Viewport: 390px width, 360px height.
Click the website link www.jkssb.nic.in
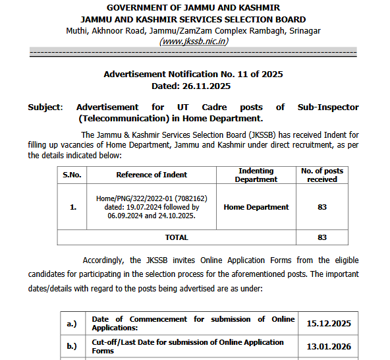tap(194, 41)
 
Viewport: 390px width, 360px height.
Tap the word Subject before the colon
tap(44, 107)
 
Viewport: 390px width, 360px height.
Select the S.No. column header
tap(72, 175)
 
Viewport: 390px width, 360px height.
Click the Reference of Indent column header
tap(152, 175)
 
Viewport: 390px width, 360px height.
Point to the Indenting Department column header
tap(256, 175)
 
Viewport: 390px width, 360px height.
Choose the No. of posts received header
tap(322, 175)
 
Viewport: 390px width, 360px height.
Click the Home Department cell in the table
tap(256, 206)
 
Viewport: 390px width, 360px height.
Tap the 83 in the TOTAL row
tap(322, 237)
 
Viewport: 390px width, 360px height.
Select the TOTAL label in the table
tap(177, 237)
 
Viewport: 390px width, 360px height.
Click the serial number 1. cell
tap(72, 206)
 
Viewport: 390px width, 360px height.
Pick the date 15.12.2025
tap(329, 324)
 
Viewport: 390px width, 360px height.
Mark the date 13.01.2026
tap(329, 347)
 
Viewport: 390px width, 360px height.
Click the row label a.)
tap(72, 324)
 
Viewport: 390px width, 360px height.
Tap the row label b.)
tap(72, 347)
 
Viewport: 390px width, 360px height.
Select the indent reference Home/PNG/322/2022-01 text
tap(152, 198)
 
